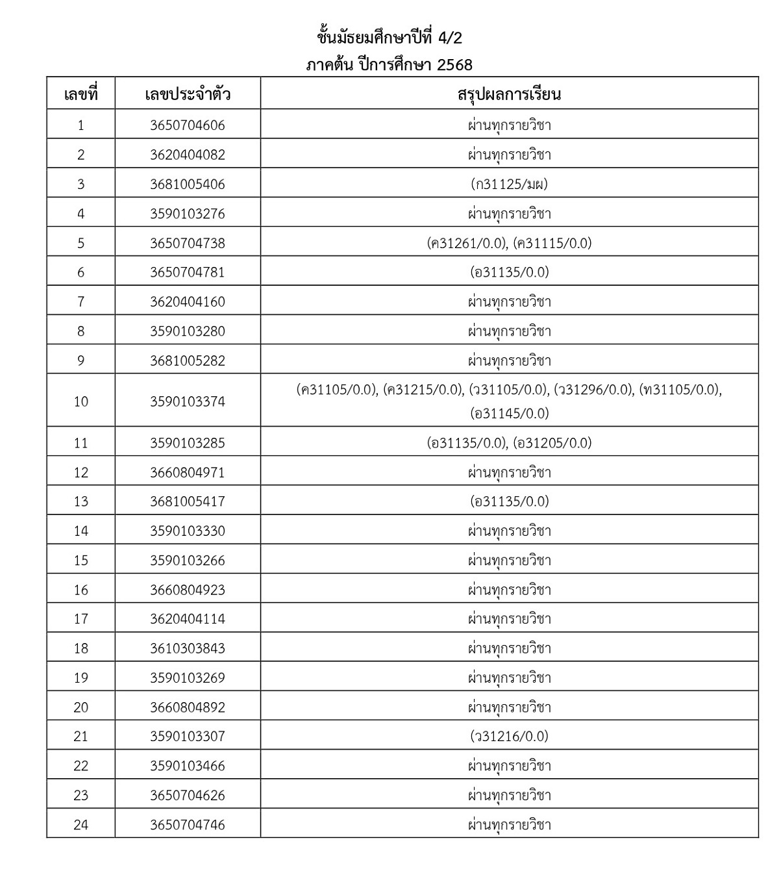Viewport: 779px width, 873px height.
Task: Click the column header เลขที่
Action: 80,94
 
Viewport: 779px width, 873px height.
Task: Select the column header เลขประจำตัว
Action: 188,94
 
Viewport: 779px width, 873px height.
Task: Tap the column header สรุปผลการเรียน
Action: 509,94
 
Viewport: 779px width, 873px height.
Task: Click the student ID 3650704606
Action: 188,125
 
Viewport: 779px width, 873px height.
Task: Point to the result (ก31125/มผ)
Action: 510,184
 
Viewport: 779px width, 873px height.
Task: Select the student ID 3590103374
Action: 188,401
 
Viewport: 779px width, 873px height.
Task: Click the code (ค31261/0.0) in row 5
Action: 467,243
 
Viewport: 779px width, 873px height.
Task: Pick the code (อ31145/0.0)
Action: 510,413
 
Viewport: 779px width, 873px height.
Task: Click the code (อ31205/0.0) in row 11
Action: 552,443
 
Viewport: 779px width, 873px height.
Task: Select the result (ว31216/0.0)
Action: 510,736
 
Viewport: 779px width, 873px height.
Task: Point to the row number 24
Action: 80,825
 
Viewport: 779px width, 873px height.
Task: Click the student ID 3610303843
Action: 188,648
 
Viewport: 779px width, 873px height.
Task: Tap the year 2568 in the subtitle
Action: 455,65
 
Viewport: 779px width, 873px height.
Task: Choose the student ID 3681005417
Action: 188,501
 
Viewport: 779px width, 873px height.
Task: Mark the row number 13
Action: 80,501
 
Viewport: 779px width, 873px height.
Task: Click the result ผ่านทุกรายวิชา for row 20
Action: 510,707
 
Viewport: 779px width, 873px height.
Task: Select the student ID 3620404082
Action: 188,155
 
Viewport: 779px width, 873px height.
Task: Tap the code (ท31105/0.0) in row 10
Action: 680,390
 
